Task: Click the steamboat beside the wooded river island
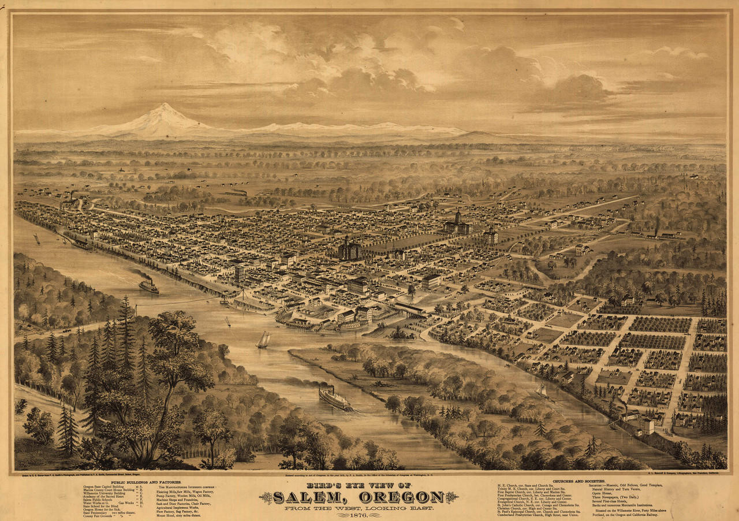coord(335,398)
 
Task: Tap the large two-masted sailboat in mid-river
coord(263,340)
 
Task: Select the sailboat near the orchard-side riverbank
coord(542,391)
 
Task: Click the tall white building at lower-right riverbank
coord(647,426)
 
